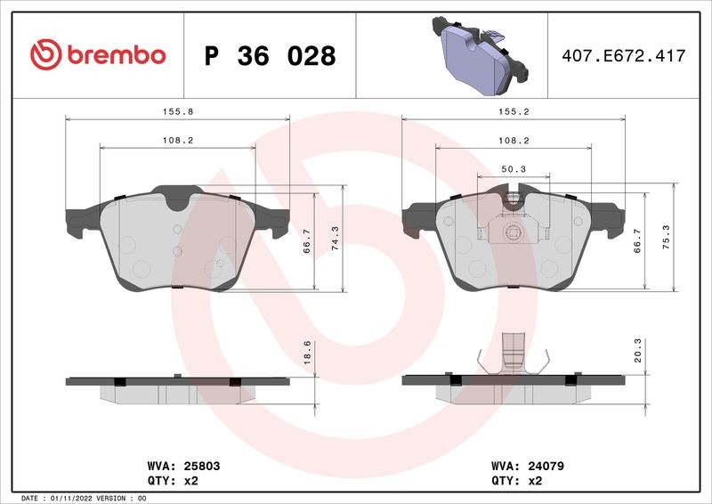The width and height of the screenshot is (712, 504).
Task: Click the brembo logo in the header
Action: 98,54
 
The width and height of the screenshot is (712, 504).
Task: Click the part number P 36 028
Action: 271,56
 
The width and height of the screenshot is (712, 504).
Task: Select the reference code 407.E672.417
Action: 624,56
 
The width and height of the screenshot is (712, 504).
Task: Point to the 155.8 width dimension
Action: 178,112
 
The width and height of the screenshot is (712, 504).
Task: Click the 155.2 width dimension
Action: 514,112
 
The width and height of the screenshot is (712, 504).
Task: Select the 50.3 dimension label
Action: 514,169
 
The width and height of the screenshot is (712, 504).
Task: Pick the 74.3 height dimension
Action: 336,239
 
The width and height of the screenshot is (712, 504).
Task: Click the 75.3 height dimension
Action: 666,237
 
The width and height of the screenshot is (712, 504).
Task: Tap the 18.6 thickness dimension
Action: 307,353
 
